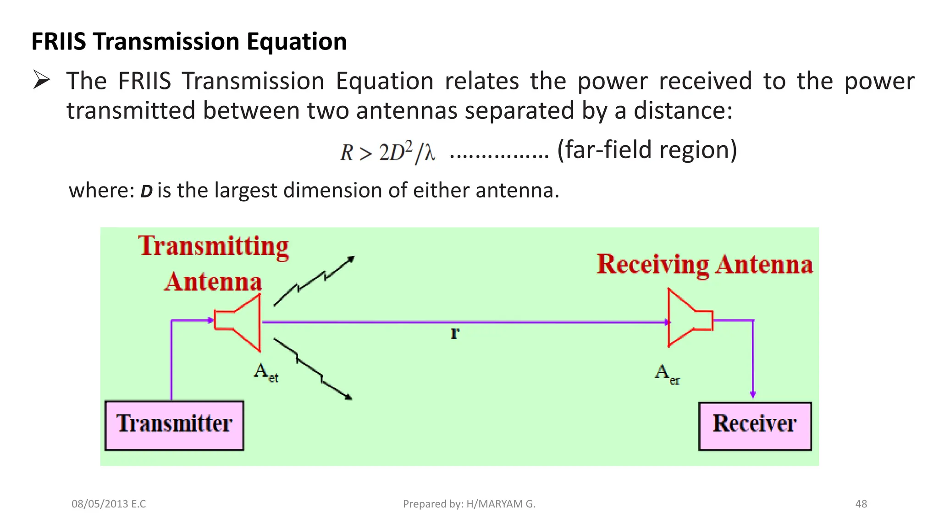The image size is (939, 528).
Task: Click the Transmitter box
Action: point(174,425)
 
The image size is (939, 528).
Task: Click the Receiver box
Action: point(755,426)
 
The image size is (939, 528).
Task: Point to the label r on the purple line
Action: point(454,333)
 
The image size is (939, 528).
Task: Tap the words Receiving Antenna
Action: point(705,265)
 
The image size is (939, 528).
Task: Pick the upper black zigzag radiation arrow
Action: point(314,281)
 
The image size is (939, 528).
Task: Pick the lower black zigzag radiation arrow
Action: point(313,369)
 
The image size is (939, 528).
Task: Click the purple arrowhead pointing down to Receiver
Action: point(753,394)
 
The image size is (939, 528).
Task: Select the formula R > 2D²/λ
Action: point(387,152)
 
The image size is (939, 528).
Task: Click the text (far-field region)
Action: point(647,150)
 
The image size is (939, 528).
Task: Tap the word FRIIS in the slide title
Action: point(59,42)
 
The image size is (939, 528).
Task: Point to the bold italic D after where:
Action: point(146,191)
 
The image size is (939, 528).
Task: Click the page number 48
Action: point(861,504)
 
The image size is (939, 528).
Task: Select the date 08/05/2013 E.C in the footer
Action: point(109,504)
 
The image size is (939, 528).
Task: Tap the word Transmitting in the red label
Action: point(214,247)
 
